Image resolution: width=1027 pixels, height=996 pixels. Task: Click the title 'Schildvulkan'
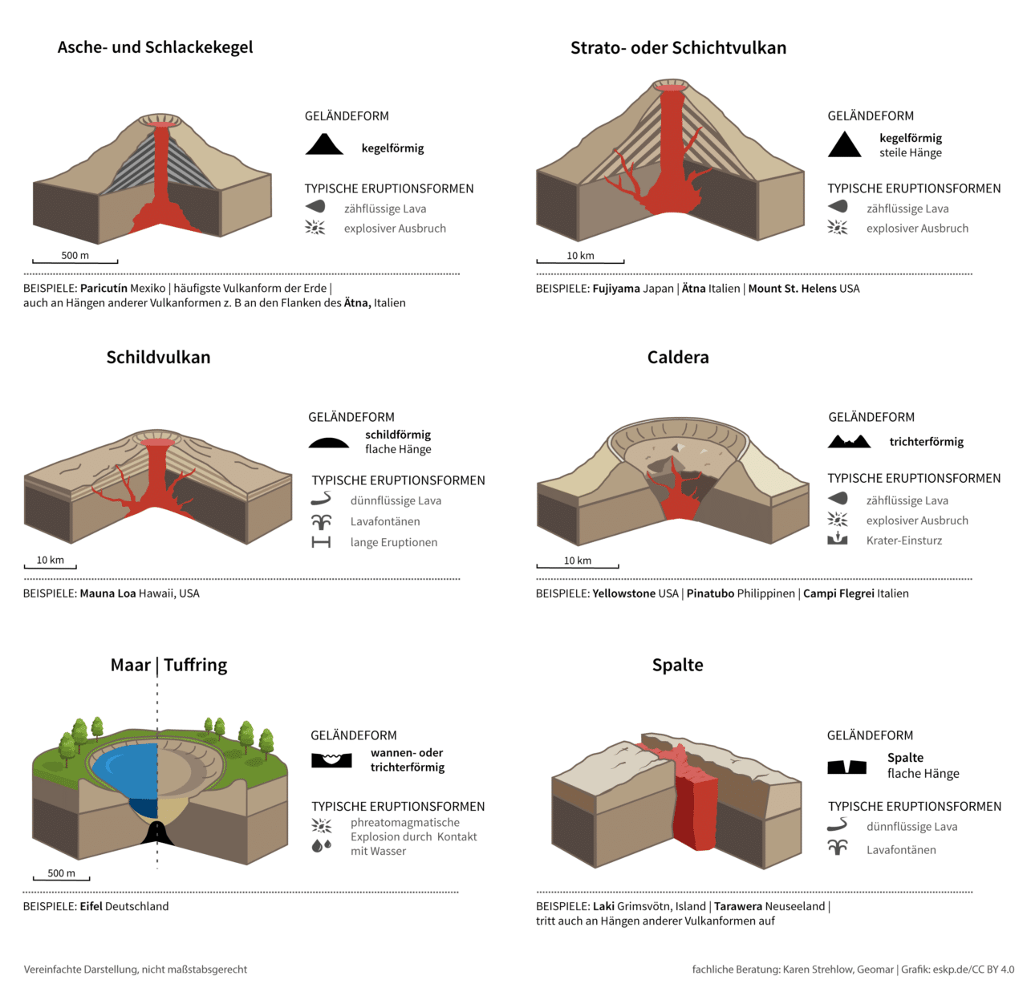pos(158,358)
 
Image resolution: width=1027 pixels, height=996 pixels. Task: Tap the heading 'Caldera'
pos(678,358)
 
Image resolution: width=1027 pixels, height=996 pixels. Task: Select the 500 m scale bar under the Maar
pos(61,878)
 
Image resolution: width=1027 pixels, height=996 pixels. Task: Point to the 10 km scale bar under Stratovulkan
pos(580,261)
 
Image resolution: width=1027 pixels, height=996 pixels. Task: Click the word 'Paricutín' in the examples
pos(104,288)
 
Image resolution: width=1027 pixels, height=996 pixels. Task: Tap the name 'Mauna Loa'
pos(108,593)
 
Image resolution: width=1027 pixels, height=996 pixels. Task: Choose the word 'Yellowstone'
pos(624,593)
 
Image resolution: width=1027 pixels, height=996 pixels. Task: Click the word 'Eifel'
pos(91,906)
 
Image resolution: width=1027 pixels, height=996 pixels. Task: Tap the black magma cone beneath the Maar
pos(156,833)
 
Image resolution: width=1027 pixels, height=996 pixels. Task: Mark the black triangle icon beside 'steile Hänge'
pos(844,144)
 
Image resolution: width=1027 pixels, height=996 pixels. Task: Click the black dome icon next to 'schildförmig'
pos(328,443)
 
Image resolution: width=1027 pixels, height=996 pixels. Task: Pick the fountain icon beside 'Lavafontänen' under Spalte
pos(837,847)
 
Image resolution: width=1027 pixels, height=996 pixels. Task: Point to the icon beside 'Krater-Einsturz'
pos(837,539)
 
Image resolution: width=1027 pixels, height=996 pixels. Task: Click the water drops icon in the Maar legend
pos(322,846)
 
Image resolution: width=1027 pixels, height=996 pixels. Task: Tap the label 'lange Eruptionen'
pos(394,542)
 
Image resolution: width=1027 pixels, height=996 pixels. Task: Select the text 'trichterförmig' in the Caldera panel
pos(926,442)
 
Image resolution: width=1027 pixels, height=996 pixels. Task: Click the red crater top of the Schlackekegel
pos(161,124)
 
